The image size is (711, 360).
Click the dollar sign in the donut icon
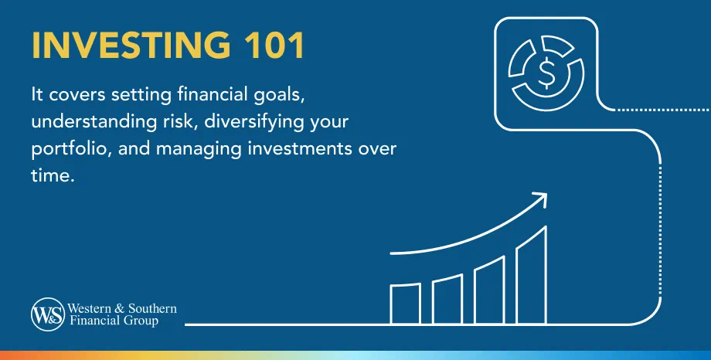(x=545, y=73)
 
